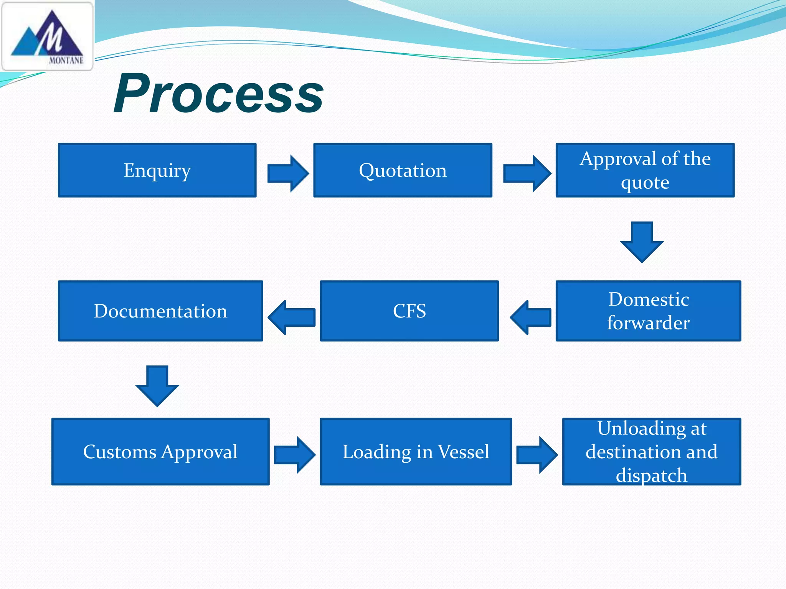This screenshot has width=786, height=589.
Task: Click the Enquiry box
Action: click(x=157, y=170)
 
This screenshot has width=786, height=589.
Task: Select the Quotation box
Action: click(x=403, y=170)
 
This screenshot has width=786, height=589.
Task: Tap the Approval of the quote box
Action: click(x=645, y=170)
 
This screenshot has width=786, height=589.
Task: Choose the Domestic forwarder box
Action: click(x=648, y=311)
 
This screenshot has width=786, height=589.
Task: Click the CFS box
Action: click(x=409, y=311)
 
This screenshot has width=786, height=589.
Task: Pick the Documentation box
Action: click(x=160, y=311)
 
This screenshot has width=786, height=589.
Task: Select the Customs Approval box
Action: click(x=160, y=451)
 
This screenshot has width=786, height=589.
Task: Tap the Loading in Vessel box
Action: click(x=416, y=451)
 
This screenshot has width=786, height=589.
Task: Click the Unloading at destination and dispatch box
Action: click(x=651, y=451)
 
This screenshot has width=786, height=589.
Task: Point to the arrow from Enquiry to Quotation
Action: click(x=288, y=173)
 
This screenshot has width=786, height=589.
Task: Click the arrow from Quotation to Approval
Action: click(x=527, y=173)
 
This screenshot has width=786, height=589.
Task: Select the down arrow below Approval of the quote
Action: click(x=642, y=242)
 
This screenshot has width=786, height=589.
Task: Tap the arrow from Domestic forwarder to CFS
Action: click(x=531, y=317)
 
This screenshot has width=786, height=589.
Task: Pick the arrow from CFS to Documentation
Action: click(x=292, y=317)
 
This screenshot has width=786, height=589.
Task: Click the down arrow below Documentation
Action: click(x=157, y=386)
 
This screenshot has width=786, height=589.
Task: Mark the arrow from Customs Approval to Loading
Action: click(x=295, y=455)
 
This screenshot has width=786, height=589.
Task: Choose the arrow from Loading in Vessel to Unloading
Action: click(x=537, y=455)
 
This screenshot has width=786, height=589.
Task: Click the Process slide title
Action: click(x=218, y=94)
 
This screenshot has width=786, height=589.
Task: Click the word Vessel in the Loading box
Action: click(x=464, y=451)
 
